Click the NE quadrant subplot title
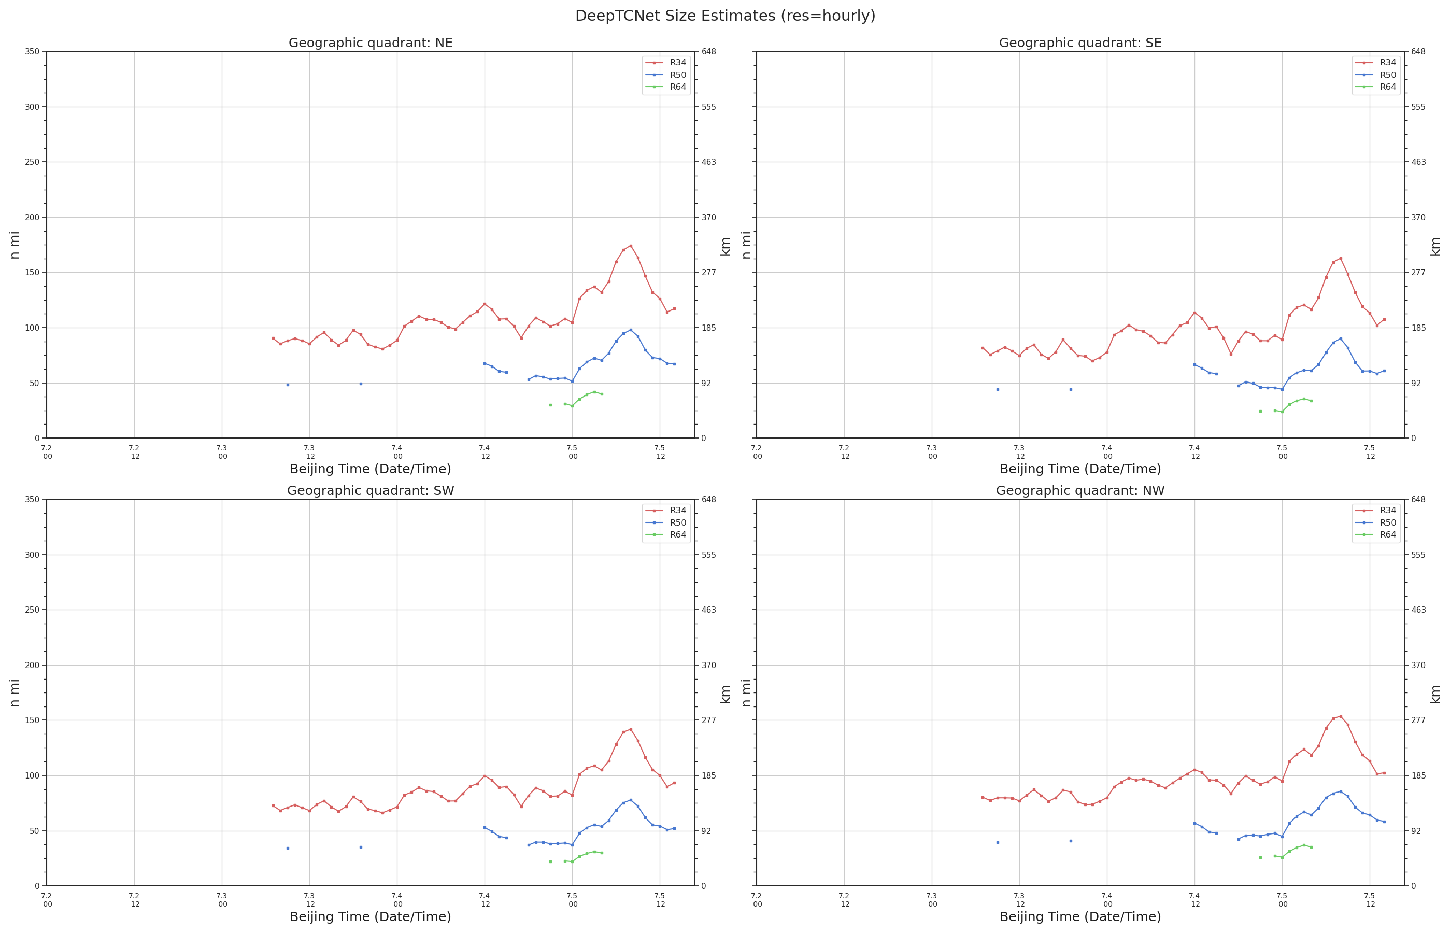point(370,43)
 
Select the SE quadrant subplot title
point(1080,43)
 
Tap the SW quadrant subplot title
point(370,491)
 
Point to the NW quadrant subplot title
point(1080,491)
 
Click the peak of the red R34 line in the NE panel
point(631,245)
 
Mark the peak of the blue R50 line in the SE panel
point(1340,338)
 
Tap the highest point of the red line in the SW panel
point(631,729)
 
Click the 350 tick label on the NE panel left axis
point(32,51)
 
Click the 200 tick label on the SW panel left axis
point(32,665)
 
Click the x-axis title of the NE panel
point(370,469)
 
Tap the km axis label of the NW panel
point(1434,694)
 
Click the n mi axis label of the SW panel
point(15,692)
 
